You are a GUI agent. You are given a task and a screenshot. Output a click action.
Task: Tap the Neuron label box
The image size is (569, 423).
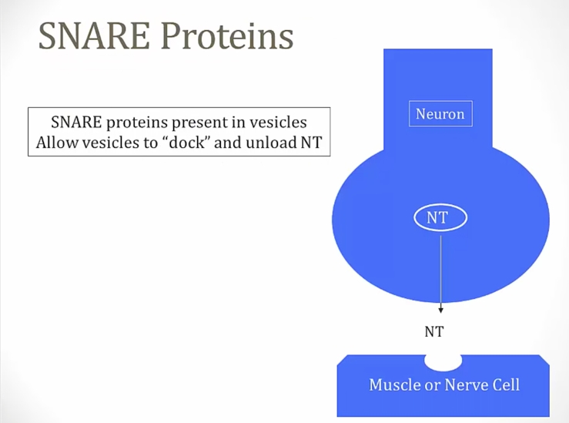click(440, 114)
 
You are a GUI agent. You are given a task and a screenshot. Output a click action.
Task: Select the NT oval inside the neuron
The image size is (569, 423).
click(437, 218)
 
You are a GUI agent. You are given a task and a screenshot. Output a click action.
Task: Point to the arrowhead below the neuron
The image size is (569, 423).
click(441, 309)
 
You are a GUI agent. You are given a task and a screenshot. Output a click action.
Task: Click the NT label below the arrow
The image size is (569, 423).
click(435, 332)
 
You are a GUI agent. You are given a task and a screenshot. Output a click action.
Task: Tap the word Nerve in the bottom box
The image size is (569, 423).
click(468, 384)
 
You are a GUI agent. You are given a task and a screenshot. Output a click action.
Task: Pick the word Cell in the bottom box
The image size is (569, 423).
click(506, 384)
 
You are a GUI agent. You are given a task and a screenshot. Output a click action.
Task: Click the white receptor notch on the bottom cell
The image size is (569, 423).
click(443, 360)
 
